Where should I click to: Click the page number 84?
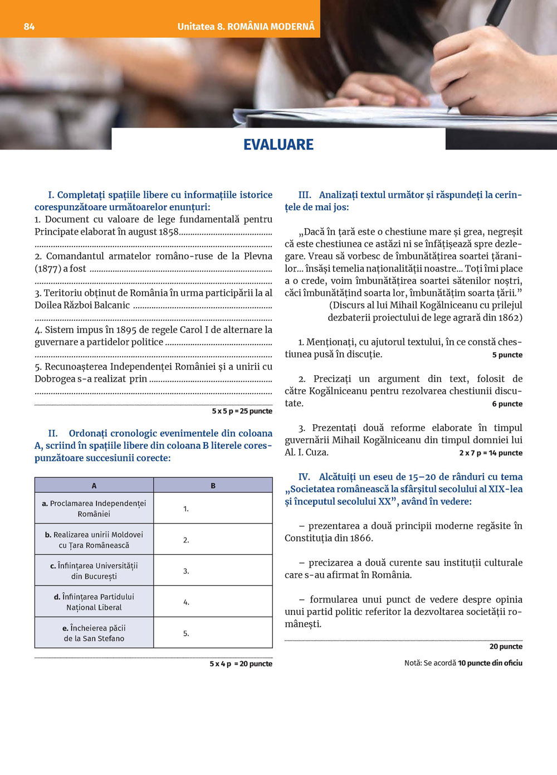coord(29,26)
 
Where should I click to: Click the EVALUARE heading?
coord(278,144)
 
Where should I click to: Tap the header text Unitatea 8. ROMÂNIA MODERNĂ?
coord(246,26)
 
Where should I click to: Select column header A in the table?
coord(94,486)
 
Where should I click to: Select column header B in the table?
coord(213,486)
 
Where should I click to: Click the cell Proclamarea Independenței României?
coord(94,508)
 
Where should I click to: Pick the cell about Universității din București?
coord(94,571)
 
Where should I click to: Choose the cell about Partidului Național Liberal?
coord(94,602)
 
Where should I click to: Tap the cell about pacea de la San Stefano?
coord(94,633)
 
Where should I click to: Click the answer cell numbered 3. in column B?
coord(213,571)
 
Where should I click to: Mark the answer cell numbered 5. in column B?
coord(213,633)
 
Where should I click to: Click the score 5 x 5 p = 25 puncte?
coord(242,411)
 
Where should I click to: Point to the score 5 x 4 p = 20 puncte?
coord(241,663)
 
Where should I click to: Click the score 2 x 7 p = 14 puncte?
coord(491,453)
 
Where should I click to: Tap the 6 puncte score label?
coord(507,404)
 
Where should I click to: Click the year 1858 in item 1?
coord(168,232)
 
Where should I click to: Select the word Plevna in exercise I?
coord(258,256)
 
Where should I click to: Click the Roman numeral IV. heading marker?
coord(304,477)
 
